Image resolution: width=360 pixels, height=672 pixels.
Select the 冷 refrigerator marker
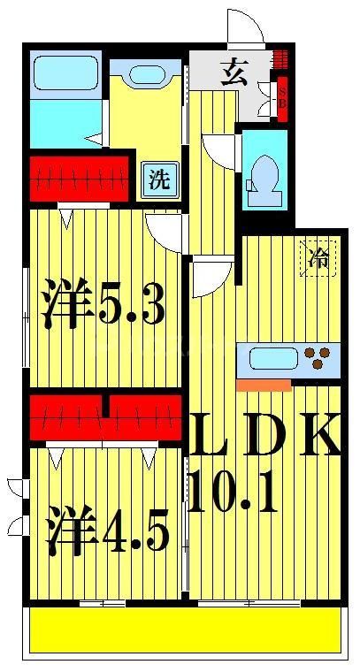pyautogui.click(x=318, y=257)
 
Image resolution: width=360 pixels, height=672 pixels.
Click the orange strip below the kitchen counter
pyautogui.click(x=264, y=385)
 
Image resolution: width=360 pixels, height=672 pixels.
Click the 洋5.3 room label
pyautogui.click(x=104, y=305)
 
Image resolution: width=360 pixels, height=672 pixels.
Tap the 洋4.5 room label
pyautogui.click(x=108, y=528)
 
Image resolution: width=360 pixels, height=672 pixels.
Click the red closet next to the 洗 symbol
pyautogui.click(x=80, y=177)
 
